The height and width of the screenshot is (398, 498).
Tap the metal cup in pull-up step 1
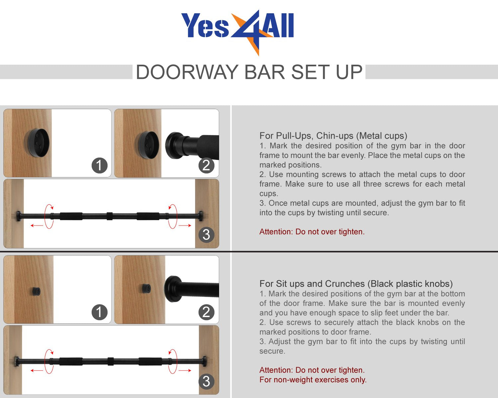[x=37, y=143]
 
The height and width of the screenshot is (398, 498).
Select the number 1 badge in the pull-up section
[x=100, y=166]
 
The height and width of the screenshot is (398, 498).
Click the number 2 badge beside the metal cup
[x=206, y=166]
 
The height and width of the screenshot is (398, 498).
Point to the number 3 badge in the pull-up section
[x=206, y=235]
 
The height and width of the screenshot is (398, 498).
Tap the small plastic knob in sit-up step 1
[x=36, y=291]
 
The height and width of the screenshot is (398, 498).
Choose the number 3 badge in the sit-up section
[x=206, y=381]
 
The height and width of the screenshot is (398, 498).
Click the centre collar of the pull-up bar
[x=110, y=216]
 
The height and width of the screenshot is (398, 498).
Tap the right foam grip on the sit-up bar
[x=150, y=362]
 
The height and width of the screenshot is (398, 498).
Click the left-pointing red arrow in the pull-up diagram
[x=37, y=225]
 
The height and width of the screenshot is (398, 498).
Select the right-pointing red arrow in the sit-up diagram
[x=185, y=370]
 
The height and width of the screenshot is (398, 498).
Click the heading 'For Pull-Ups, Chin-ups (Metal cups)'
[x=333, y=136]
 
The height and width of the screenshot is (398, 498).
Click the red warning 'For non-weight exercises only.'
[x=313, y=379]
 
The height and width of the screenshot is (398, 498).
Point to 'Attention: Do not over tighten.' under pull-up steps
[x=312, y=232]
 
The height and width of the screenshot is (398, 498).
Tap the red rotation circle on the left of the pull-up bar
[x=49, y=217]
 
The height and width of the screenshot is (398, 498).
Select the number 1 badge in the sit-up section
[x=100, y=312]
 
